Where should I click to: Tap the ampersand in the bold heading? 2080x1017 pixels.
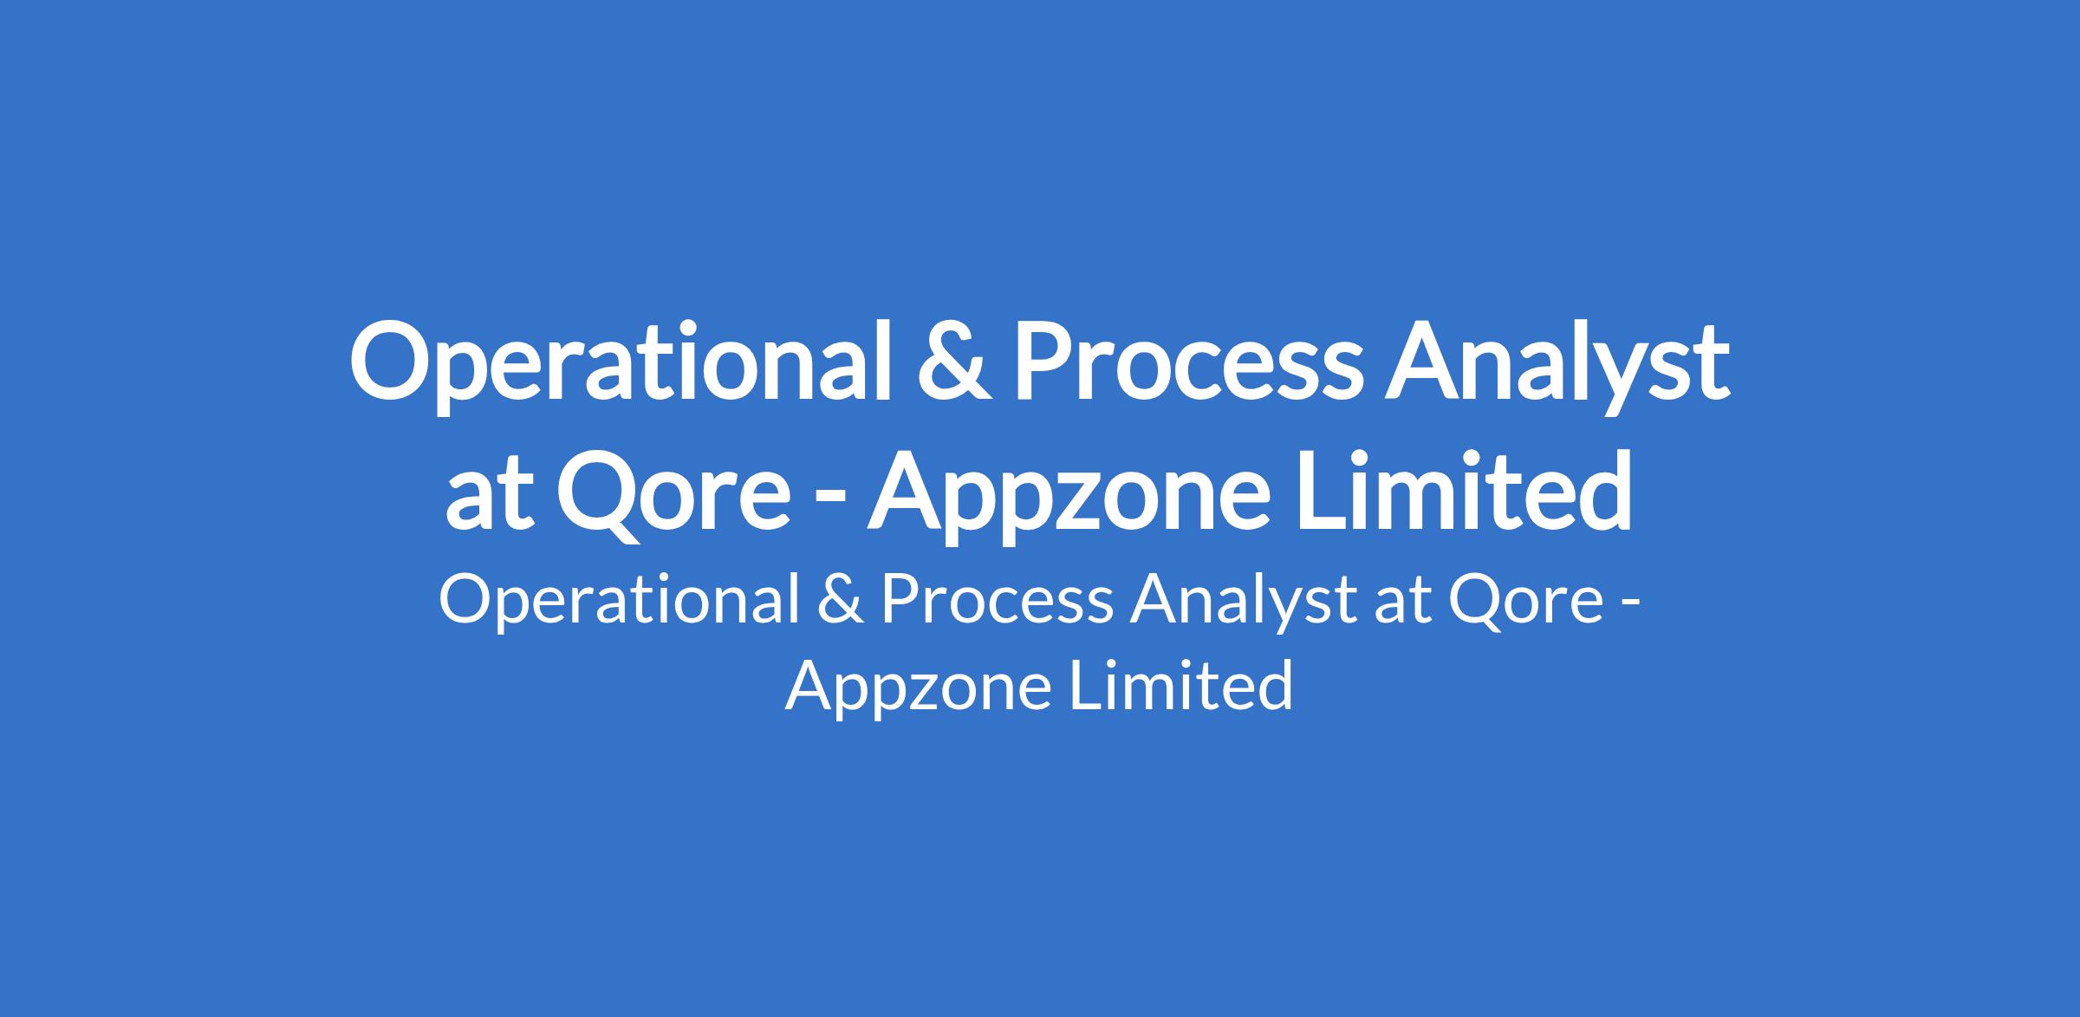[955, 363]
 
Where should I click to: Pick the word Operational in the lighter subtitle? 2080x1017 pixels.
[620, 600]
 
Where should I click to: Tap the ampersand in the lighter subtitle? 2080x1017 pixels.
[840, 599]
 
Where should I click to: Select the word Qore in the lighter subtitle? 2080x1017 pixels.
[1524, 601]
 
